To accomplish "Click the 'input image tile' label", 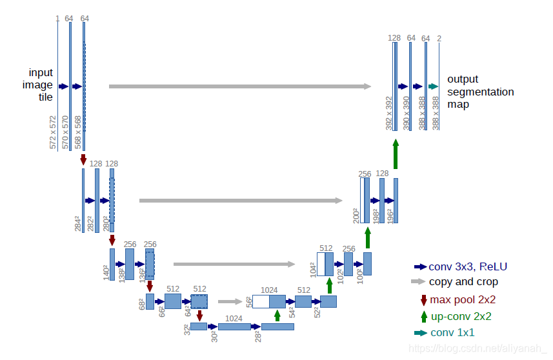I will click(41, 85).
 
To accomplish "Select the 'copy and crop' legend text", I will click(463, 282).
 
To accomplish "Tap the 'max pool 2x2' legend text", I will click(463, 299).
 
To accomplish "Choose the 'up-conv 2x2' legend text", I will click(460, 316).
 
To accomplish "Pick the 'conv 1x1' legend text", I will click(452, 333).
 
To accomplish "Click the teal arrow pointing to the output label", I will click(433, 86).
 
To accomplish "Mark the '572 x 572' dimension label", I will click(53, 132).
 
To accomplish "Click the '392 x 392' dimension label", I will click(389, 114).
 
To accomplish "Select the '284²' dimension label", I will click(77, 224).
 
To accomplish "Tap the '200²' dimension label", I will click(356, 215).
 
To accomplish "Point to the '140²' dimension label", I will click(105, 272).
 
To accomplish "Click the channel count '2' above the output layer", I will click(439, 38).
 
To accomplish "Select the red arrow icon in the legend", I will click(424, 299).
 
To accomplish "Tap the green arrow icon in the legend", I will click(424, 316).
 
